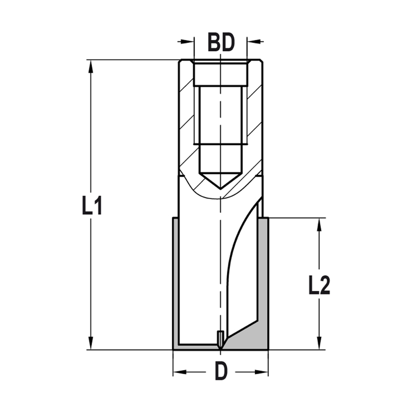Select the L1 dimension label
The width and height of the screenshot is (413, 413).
click(92, 205)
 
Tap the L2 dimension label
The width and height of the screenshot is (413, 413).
click(319, 286)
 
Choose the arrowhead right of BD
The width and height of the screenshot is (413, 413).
click(254, 41)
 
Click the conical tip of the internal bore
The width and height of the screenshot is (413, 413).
click(221, 182)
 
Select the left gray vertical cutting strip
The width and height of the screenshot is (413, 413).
click(176, 281)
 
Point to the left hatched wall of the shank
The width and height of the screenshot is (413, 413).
click(187, 124)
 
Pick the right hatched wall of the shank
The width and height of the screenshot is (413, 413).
click(254, 124)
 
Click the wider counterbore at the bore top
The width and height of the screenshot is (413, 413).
click(221, 74)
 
